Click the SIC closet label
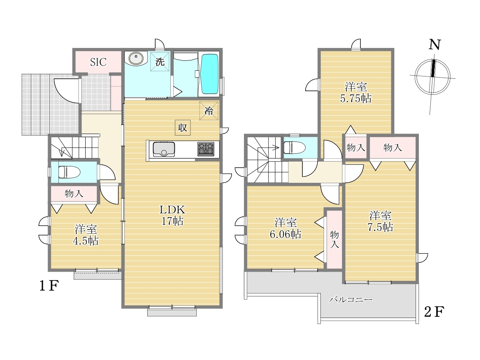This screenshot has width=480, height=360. pyautogui.click(x=98, y=62)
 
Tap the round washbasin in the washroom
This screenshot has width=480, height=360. pyautogui.click(x=136, y=58)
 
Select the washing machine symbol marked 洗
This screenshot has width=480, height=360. pyautogui.click(x=160, y=62)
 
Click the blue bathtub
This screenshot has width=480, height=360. pyautogui.click(x=210, y=74)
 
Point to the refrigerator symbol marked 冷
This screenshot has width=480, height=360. pyautogui.click(x=209, y=111)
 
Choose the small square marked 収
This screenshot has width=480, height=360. pyautogui.click(x=182, y=128)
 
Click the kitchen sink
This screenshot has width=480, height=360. pyautogui.click(x=164, y=149)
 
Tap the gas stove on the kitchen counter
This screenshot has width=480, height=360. pyautogui.click(x=206, y=149)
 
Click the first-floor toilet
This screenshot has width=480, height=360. pyautogui.click(x=69, y=172)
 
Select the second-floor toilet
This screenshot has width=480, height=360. pyautogui.click(x=294, y=148)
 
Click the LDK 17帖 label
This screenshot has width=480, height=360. pyautogui.click(x=172, y=216)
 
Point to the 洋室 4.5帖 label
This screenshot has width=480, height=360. pyautogui.click(x=86, y=235)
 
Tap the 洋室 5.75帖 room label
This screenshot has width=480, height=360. pyautogui.click(x=356, y=93)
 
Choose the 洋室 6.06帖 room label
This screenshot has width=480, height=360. pyautogui.click(x=286, y=228)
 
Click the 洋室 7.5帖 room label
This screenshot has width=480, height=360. pyautogui.click(x=380, y=222)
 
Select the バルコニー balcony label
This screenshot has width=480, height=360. pyautogui.click(x=351, y=299)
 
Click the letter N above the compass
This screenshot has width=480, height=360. pyautogui.click(x=434, y=45)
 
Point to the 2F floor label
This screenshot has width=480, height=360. pyautogui.click(x=434, y=312)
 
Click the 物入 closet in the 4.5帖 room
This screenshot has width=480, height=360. pyautogui.click(x=74, y=194)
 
